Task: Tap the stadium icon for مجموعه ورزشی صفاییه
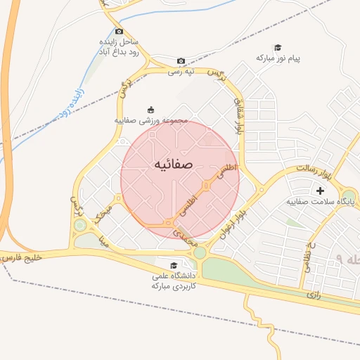150,109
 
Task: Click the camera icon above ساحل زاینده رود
119,31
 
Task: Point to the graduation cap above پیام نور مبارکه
277,46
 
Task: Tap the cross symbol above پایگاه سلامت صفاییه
321,191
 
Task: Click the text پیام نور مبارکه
278,57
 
